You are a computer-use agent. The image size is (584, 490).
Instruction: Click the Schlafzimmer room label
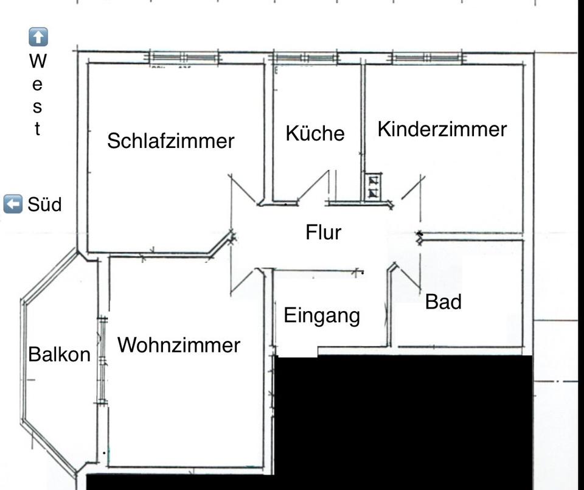170,141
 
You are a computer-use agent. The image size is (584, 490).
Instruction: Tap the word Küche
315,133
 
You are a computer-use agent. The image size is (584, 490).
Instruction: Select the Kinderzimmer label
442,129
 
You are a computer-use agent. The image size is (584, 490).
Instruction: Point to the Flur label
323,232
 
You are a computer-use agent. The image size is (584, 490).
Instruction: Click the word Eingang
322,316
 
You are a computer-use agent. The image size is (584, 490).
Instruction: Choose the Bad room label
443,301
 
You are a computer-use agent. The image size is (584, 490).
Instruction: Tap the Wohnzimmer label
179,345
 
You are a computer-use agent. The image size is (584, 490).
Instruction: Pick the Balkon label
59,354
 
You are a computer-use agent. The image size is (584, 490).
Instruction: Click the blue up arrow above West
38,37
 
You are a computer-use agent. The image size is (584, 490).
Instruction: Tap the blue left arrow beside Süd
13,204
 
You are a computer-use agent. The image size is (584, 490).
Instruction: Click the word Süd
44,205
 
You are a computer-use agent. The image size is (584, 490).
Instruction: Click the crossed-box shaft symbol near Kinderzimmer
372,187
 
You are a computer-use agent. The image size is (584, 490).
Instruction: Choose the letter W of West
38,61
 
